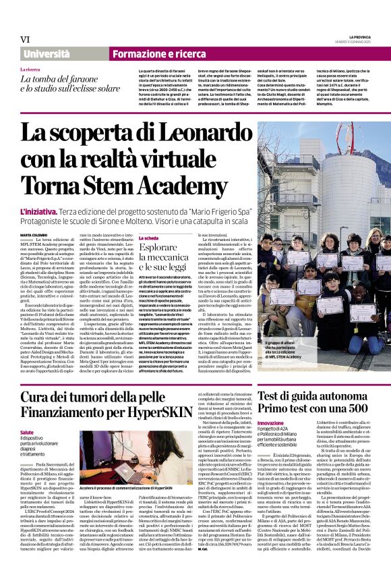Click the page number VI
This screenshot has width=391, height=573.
(x=26, y=38)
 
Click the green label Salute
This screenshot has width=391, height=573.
(x=27, y=433)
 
